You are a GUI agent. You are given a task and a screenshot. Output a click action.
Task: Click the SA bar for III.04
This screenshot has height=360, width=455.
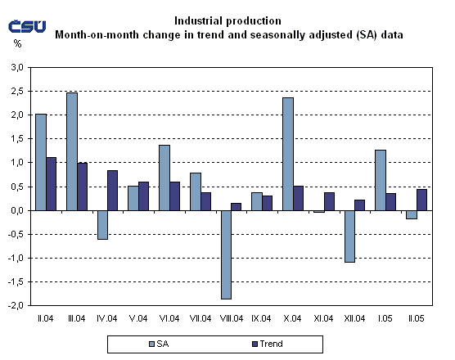pos(71,151)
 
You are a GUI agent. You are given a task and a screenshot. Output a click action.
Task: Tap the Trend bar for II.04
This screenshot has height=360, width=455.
pos(51,184)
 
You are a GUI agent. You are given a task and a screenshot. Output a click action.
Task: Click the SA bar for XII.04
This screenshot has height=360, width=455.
pos(349,236)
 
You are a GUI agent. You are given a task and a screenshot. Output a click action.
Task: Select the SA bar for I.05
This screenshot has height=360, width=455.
pos(381,180)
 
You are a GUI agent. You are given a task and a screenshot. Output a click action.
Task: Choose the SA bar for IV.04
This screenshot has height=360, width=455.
pos(101,225)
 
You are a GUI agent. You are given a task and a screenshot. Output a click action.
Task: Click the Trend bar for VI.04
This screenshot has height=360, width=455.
pos(174,196)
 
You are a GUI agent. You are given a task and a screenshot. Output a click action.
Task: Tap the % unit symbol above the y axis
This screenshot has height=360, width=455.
pos(18,44)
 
